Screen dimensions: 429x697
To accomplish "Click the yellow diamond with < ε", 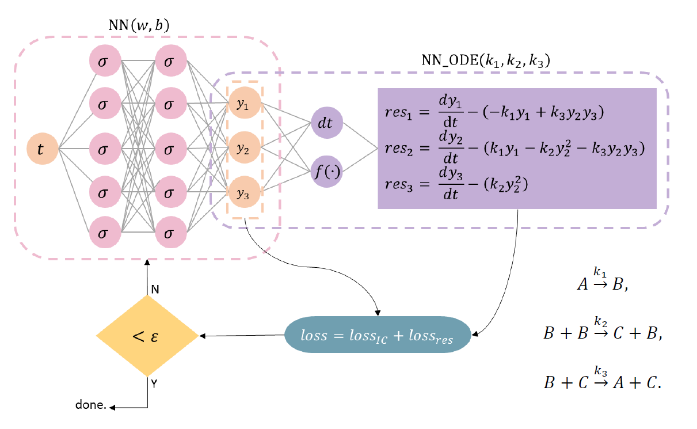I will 147,336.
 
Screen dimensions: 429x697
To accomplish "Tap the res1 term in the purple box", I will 401,113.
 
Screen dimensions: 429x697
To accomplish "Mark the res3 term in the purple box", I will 401,185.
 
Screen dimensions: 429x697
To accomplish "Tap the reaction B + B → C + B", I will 602,333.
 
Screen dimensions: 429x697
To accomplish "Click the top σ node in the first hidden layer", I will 104,61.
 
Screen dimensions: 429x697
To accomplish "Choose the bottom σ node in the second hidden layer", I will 169,234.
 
